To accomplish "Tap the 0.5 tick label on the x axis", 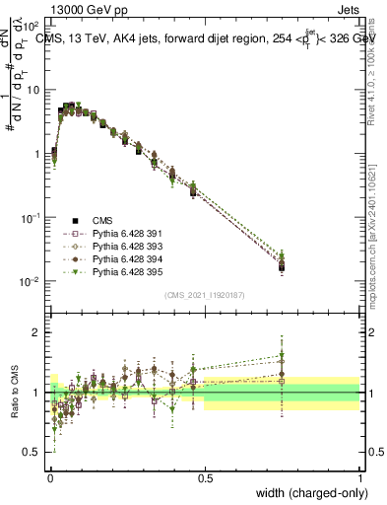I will click(205, 477).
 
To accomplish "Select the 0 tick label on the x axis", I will click(49, 477).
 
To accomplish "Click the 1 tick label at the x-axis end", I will click(359, 477).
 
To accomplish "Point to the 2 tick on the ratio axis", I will click(36, 332).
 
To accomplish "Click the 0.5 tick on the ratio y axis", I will click(32, 452).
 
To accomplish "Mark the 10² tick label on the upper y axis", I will click(30, 27).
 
